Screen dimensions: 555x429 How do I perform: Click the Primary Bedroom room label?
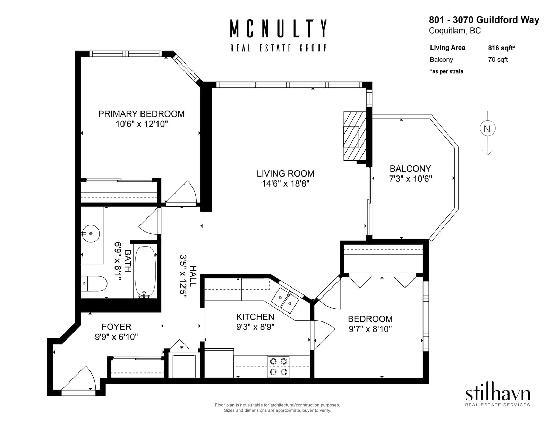(x=141, y=114)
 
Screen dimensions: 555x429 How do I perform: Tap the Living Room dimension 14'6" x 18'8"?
(x=285, y=183)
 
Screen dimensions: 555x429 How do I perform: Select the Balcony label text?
(x=410, y=169)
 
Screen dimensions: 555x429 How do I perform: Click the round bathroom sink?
(x=91, y=233)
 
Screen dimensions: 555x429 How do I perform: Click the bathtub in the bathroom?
(x=145, y=272)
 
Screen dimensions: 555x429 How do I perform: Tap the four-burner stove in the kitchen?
(x=279, y=367)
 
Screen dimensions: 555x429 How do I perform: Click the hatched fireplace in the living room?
(x=355, y=136)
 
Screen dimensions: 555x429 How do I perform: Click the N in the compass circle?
(x=487, y=129)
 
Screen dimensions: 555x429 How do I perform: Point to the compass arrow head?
(x=488, y=153)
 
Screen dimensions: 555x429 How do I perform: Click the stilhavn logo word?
(x=497, y=395)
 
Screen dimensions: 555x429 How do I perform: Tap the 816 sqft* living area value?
(x=502, y=48)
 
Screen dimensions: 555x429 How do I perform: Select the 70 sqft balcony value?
(x=498, y=60)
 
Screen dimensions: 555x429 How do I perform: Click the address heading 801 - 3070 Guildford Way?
(x=484, y=20)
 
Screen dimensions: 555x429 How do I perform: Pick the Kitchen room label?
(x=255, y=317)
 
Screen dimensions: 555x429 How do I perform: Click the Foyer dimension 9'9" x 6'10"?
(x=117, y=337)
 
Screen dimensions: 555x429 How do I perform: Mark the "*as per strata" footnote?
(x=446, y=71)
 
